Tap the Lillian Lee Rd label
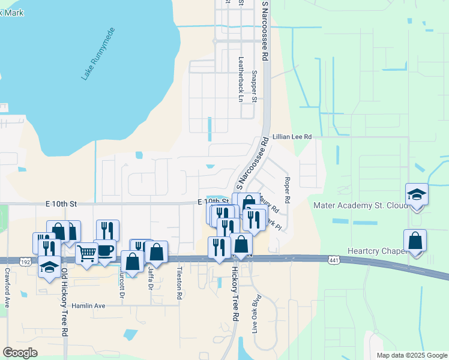292,137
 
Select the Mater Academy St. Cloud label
358,206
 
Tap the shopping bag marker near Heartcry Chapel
415,241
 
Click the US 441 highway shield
336,260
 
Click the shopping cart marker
86,253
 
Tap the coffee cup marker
105,250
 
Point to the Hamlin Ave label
88,305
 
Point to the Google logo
20,352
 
